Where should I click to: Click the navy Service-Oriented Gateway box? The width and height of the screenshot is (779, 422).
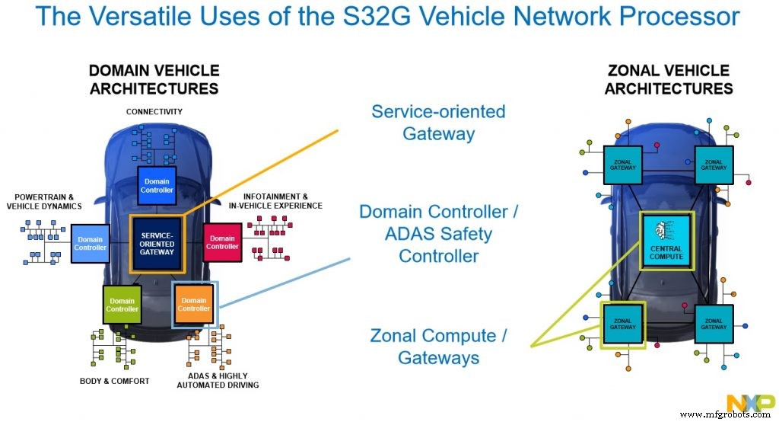tap(157, 244)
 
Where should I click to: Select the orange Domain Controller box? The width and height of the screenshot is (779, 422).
tap(194, 305)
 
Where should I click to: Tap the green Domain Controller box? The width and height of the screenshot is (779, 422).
tap(122, 305)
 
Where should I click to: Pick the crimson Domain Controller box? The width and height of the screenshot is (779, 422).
tap(223, 242)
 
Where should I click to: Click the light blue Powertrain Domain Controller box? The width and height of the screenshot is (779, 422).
tap(90, 243)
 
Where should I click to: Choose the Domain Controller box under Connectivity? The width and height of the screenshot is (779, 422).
tap(157, 186)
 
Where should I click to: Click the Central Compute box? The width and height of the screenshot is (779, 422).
tap(666, 241)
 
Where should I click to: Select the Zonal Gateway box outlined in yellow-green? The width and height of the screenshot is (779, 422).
tap(622, 324)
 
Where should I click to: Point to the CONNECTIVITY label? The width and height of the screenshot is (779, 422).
tap(154, 111)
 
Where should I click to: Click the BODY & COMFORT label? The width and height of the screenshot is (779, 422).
tap(114, 381)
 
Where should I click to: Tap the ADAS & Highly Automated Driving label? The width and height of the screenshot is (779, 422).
tap(218, 381)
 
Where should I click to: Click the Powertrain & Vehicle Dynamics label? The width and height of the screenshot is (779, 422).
tap(44, 202)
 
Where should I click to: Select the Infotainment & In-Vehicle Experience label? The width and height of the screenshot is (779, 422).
tap(275, 201)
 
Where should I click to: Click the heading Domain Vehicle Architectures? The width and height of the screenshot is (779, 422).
tap(154, 80)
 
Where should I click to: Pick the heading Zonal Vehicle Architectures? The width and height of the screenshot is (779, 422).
tap(669, 80)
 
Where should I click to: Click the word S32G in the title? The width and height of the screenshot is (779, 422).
tap(370, 16)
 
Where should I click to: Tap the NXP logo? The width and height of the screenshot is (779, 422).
tap(750, 401)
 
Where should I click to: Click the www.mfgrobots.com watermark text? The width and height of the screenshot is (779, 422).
tap(725, 414)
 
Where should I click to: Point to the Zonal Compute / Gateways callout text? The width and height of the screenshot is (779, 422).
tap(438, 347)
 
